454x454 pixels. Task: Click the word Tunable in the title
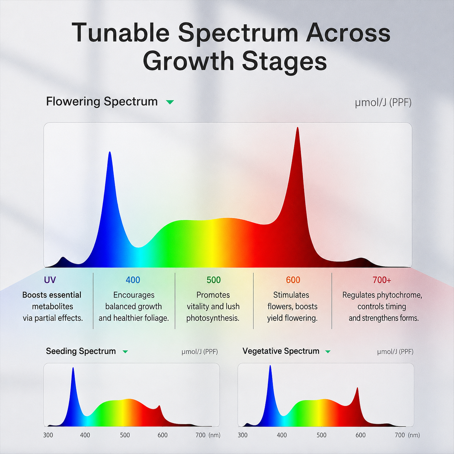[x=121, y=33]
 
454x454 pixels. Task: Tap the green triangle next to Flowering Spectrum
[x=170, y=102]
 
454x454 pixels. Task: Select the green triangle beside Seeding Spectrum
[x=125, y=352]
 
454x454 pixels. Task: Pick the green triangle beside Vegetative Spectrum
[x=328, y=352]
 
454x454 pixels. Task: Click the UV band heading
[x=50, y=280]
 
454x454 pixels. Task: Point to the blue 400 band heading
[x=133, y=280]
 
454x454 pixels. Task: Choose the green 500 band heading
[x=214, y=280]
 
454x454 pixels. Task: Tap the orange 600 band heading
[x=293, y=280]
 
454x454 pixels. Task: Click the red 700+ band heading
[x=382, y=280]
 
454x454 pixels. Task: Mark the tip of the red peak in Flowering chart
[x=298, y=127]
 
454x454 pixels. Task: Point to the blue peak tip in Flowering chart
[x=110, y=152]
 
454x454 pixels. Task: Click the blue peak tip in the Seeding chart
[x=73, y=368]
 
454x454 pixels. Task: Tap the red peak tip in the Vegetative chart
[x=357, y=388]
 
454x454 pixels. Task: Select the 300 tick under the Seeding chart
[x=48, y=435]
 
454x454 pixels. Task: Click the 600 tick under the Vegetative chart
[x=361, y=435]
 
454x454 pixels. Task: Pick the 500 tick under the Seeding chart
[x=125, y=435]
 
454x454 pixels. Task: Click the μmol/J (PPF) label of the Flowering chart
[x=383, y=103]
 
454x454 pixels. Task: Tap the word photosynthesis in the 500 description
[x=213, y=318]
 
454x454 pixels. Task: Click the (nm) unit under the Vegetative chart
[x=414, y=435]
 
